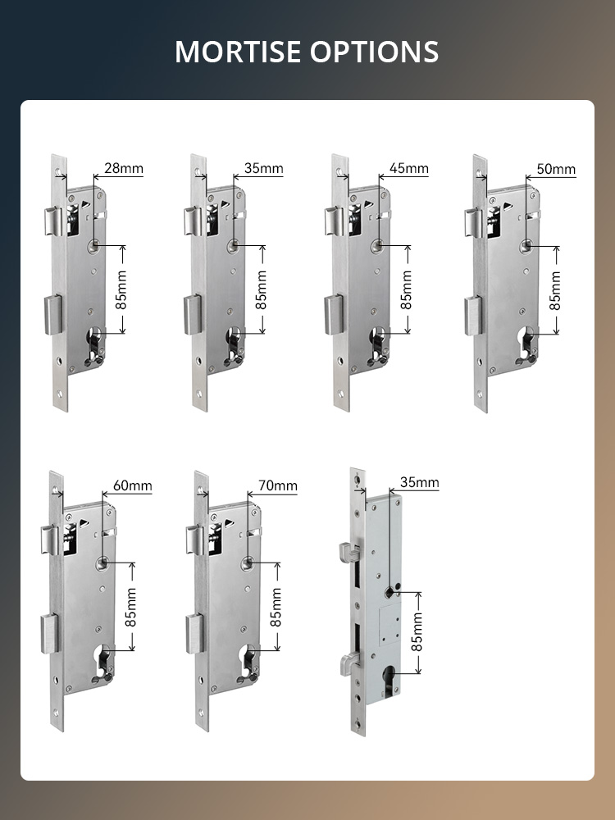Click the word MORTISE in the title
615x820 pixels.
click(x=239, y=51)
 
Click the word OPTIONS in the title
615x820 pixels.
click(x=375, y=51)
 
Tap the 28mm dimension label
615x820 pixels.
click(x=124, y=168)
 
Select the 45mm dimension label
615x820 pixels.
click(x=409, y=168)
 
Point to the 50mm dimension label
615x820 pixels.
click(x=557, y=170)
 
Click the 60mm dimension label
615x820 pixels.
click(x=133, y=485)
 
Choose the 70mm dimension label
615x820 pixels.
click(x=278, y=485)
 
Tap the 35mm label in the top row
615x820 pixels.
click(x=263, y=168)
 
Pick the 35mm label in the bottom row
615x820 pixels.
click(x=419, y=482)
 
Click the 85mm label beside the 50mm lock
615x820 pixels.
click(x=555, y=291)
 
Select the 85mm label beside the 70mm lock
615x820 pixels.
click(x=276, y=607)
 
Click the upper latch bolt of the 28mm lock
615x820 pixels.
click(x=52, y=221)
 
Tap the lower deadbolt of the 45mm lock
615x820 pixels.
click(x=335, y=315)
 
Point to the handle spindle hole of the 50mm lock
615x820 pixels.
click(x=526, y=246)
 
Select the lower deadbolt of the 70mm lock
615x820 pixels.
click(x=195, y=634)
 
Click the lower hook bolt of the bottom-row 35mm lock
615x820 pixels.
click(x=349, y=663)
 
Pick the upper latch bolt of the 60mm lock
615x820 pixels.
click(x=51, y=540)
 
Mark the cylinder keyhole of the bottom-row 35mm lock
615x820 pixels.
click(x=389, y=679)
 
